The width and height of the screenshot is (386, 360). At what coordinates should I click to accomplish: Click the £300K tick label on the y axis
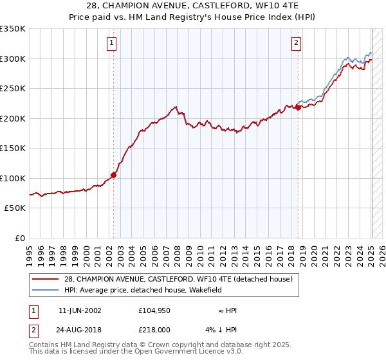(x=13, y=59)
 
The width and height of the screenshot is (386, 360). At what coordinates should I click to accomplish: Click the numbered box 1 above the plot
(x=112, y=43)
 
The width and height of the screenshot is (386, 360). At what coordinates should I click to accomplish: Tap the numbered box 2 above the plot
(x=296, y=43)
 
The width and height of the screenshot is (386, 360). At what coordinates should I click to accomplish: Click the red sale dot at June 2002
(x=114, y=174)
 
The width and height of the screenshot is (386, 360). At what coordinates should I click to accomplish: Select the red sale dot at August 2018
(x=299, y=107)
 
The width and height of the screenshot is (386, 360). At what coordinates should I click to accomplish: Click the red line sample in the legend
(x=46, y=279)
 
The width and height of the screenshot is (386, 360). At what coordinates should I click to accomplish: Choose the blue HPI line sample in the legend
(x=46, y=290)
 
